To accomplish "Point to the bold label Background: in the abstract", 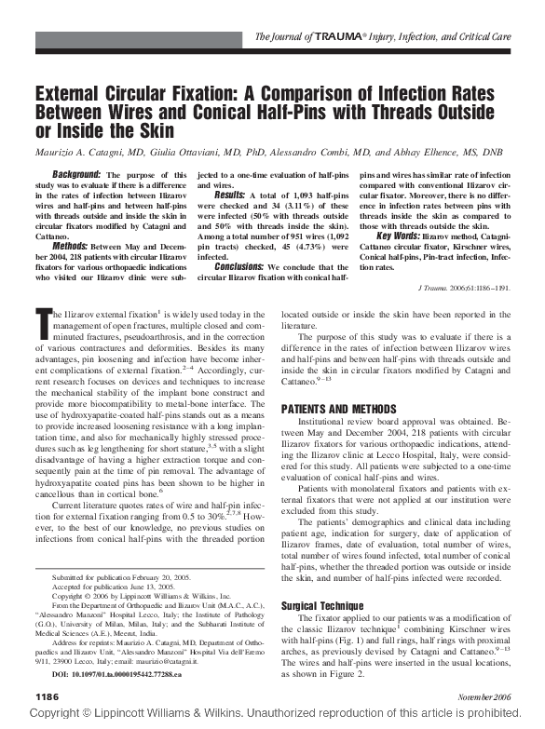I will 76,174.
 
